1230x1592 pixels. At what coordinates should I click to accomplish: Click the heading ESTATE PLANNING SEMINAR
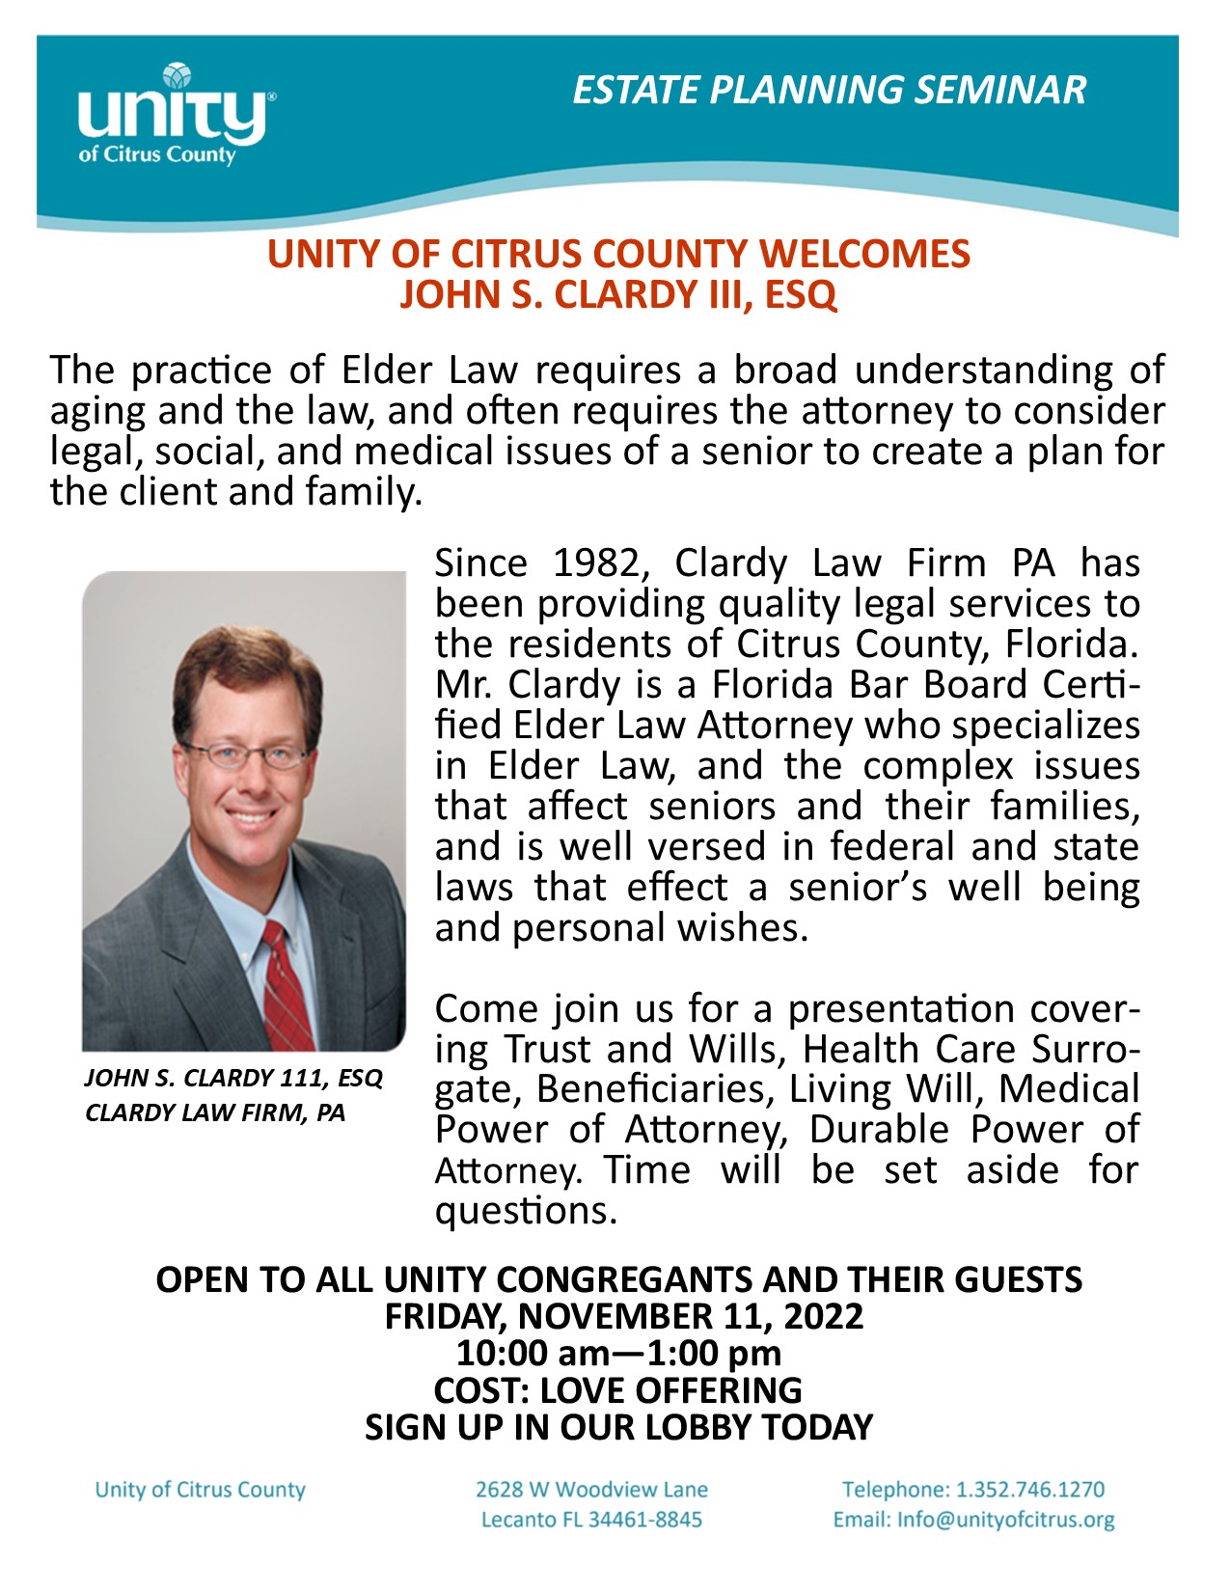click(x=829, y=90)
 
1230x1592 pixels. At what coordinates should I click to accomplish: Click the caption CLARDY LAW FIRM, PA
click(x=214, y=1112)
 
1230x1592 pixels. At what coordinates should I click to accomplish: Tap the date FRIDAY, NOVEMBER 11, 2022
click(x=623, y=1316)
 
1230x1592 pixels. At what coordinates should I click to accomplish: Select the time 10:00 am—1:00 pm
click(x=618, y=1353)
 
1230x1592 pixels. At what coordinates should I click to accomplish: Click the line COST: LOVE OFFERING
click(x=617, y=1389)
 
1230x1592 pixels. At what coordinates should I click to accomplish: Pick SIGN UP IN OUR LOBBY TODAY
click(x=618, y=1426)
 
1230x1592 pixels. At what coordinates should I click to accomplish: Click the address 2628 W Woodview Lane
click(x=591, y=1490)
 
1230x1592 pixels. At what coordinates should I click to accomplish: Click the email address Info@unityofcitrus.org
click(x=1005, y=1520)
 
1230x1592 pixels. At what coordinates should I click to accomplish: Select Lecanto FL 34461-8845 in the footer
click(x=591, y=1520)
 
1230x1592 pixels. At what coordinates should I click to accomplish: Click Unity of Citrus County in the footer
click(x=200, y=1490)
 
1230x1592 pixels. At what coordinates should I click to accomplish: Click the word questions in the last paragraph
click(x=525, y=1210)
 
